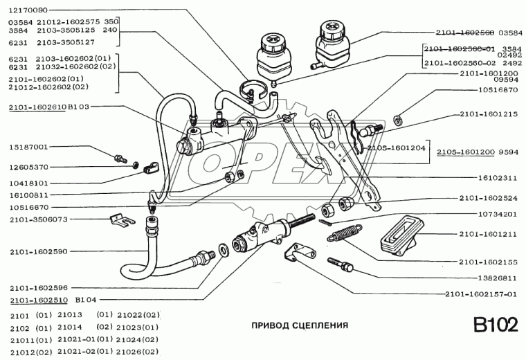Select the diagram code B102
(495, 325)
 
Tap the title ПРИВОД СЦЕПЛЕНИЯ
(299, 324)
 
